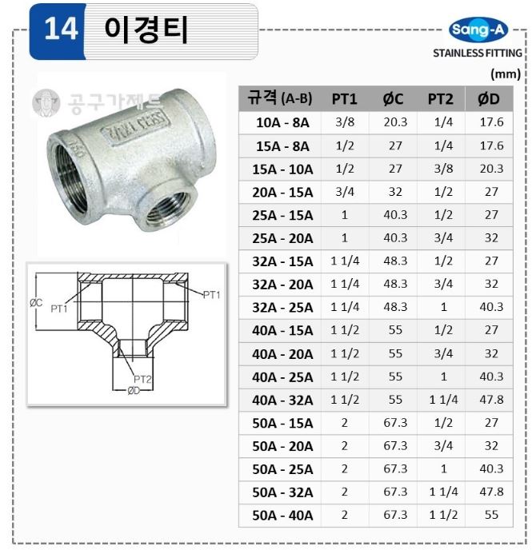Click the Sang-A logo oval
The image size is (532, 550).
click(478, 30)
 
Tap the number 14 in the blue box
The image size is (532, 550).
click(61, 29)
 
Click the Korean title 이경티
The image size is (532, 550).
click(146, 30)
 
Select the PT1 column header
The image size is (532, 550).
click(344, 99)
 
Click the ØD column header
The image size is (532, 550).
click(489, 99)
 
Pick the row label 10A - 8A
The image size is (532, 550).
click(282, 123)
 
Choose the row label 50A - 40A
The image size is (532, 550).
click(282, 516)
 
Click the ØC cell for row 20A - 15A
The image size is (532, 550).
click(395, 192)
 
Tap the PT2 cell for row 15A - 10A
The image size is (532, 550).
click(443, 169)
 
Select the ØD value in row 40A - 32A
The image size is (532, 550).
click(491, 400)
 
